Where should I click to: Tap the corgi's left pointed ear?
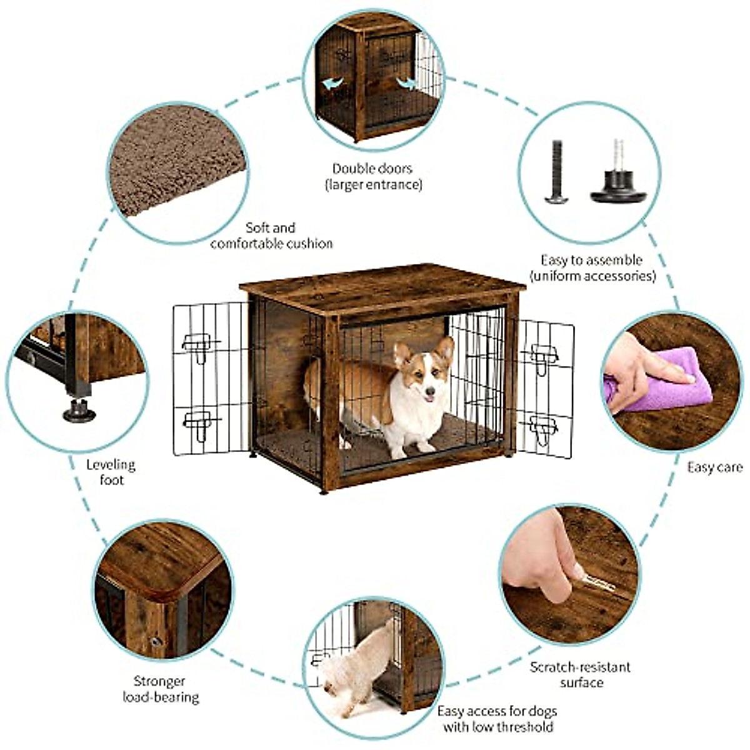[x=401, y=354]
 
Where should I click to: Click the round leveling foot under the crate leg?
[x=79, y=412]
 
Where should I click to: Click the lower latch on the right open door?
[x=542, y=429]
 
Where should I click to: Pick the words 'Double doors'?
[x=372, y=168]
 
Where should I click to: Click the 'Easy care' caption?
[x=714, y=467]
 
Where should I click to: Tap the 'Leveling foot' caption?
[x=111, y=472]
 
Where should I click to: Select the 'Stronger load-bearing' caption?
[x=160, y=689]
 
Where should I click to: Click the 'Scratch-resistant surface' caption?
[x=581, y=674]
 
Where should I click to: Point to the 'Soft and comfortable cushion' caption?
[x=271, y=236]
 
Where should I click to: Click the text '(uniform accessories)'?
[x=592, y=276]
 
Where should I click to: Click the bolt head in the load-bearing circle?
[x=156, y=641]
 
